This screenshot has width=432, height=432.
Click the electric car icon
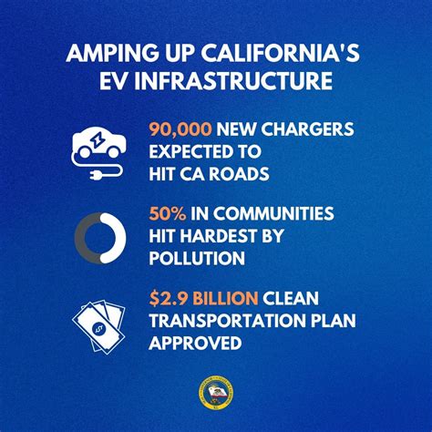point(97,143)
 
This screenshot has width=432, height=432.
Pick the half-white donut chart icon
point(98,236)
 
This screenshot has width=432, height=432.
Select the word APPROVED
point(194,344)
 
